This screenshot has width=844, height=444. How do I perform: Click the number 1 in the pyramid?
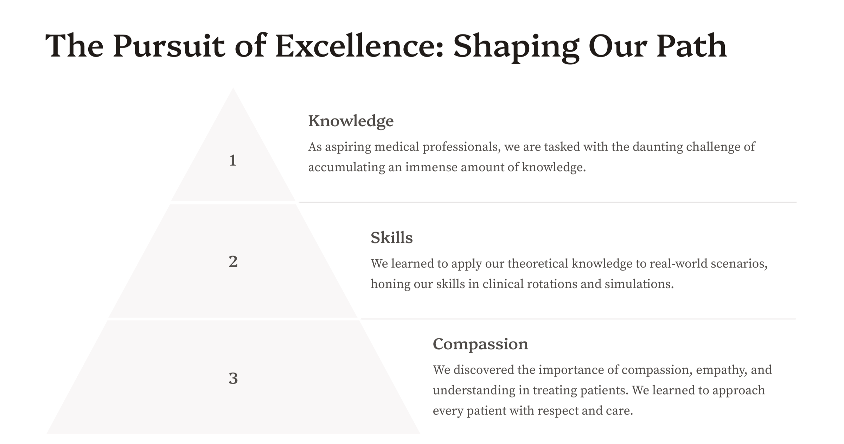tap(233, 160)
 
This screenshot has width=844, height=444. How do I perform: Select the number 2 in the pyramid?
tap(233, 262)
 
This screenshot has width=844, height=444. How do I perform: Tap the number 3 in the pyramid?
tap(233, 379)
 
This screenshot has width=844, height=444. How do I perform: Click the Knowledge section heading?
tap(351, 121)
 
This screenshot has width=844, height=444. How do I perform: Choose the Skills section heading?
tap(392, 238)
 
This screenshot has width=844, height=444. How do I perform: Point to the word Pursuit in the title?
tap(169, 46)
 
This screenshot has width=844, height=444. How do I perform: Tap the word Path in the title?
tap(691, 46)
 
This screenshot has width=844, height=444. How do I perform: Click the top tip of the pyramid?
tap(233, 88)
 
